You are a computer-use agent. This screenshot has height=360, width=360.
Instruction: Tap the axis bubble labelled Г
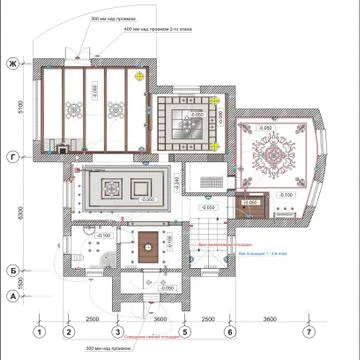pos(13,157)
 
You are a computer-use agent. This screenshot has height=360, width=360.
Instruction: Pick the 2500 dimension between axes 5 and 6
pos(207,318)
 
